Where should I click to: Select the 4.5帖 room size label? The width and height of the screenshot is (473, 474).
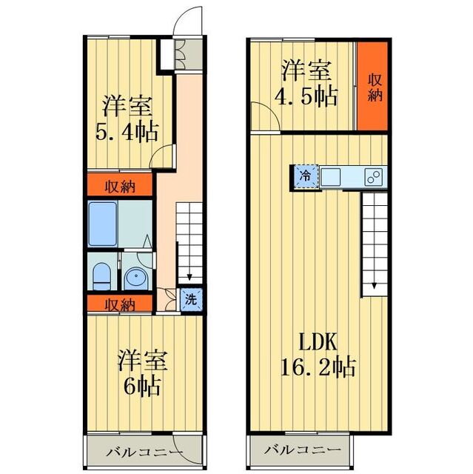point(306,96)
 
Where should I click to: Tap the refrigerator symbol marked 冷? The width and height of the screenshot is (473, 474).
point(304,176)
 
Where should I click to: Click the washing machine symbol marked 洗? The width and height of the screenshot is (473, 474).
point(190,300)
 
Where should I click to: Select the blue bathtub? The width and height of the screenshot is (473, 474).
point(104,223)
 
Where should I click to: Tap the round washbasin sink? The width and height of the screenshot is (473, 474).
point(135,278)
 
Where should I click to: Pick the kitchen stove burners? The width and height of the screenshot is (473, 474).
point(375,177)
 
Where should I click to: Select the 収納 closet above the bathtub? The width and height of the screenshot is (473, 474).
point(121,185)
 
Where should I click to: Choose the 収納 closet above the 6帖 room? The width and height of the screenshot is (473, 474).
point(121,304)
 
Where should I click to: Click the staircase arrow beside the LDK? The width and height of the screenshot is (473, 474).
point(375,285)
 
